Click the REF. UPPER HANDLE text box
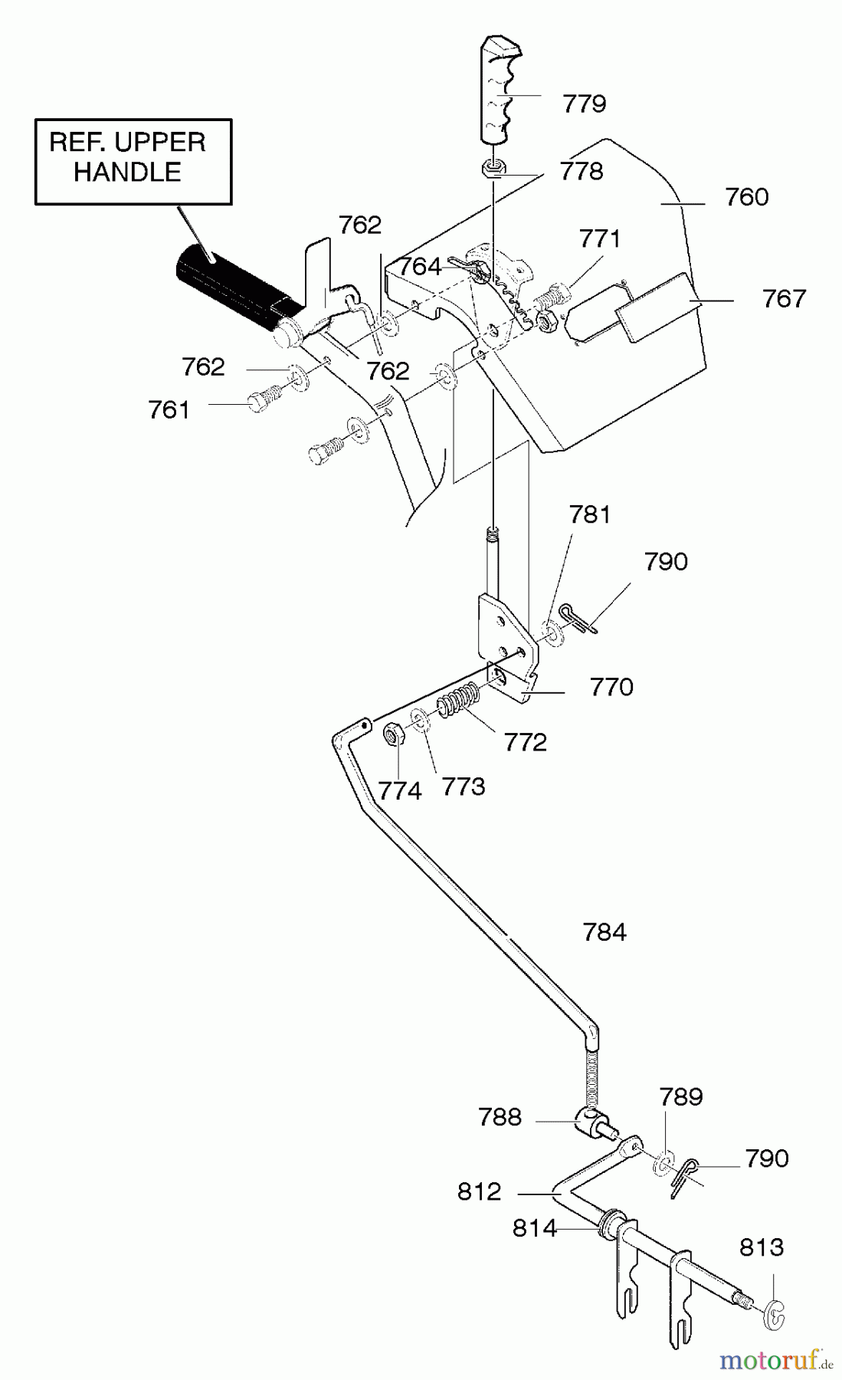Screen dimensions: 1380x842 coord(133,162)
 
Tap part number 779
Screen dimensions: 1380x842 coord(584,103)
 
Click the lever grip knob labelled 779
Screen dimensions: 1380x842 coord(501,90)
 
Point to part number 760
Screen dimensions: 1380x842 coord(746,197)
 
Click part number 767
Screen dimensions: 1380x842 coord(784,298)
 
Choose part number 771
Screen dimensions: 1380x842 coord(599,238)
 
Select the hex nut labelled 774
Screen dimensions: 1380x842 coord(394,735)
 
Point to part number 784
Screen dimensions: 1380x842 coord(604,932)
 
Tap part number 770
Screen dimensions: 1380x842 coord(611,687)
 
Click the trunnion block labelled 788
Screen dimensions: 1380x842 coord(591,1122)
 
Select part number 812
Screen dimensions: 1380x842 coord(479,1191)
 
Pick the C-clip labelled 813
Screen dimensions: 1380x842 coord(775,1316)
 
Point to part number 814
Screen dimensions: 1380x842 coord(534,1228)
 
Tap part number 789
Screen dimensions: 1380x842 coord(680,1096)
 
